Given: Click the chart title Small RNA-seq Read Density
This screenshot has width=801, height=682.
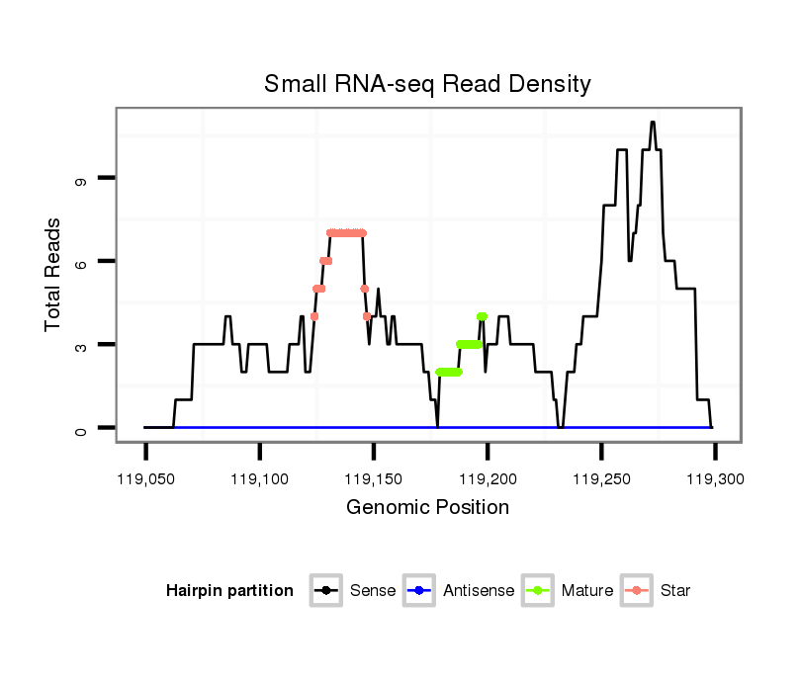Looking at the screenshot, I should point(427,84).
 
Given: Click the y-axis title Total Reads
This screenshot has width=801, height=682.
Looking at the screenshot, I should point(54,275).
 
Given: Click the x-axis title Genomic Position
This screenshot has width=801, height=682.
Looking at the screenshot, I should point(427,508).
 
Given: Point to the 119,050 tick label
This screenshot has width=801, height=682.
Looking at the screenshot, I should point(145,479).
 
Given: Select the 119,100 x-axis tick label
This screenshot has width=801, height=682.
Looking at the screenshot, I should point(259,479).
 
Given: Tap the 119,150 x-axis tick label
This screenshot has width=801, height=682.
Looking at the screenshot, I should point(374,479).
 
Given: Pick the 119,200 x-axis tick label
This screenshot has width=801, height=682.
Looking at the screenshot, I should point(488,479).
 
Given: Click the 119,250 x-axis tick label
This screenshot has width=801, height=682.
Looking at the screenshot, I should point(601,479).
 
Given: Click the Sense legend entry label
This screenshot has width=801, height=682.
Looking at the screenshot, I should point(373,591).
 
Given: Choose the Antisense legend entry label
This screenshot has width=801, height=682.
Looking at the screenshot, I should point(479,591).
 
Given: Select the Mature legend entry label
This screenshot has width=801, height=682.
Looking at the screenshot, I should point(587,591).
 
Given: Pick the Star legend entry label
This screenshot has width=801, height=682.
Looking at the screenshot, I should point(677,591).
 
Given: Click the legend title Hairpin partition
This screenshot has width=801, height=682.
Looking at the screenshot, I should point(229,591).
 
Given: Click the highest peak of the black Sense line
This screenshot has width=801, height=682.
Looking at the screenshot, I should point(653,123).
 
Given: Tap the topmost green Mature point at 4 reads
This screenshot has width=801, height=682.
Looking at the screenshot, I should point(482,316).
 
